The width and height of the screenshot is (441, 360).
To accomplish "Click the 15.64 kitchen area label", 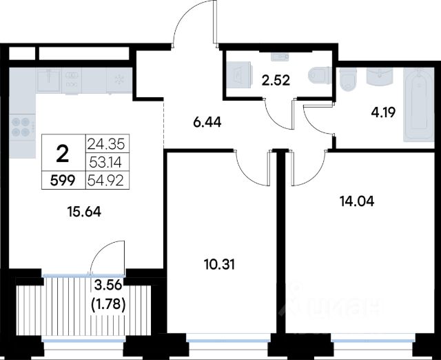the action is click(84, 212).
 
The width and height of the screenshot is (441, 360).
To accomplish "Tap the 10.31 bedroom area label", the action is click(219, 265).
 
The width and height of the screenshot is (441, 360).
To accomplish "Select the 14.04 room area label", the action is click(357, 201).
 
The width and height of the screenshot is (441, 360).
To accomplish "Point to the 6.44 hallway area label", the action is click(207, 123).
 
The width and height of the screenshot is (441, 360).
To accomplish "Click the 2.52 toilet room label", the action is click(276, 81).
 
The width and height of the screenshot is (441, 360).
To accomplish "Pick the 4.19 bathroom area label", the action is click(383, 113).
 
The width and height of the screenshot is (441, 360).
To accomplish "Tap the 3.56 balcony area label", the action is click(108, 286).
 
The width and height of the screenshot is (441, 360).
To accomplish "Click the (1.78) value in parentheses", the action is click(109, 304).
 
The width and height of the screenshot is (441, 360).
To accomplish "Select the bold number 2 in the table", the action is click(63, 154).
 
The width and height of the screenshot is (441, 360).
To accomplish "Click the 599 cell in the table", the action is click(63, 181).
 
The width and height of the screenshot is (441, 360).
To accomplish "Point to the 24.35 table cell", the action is click(105, 145).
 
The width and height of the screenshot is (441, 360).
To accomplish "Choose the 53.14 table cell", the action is click(105, 163).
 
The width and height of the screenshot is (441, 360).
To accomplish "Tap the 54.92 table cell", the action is click(105, 181).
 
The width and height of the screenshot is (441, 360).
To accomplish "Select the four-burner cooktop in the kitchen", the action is click(22, 127).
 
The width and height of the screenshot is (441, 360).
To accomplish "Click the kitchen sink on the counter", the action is click(49, 80).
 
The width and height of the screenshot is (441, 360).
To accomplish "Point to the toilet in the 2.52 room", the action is click(320, 75).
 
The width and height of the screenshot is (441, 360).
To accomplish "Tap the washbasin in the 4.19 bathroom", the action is click(379, 76).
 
